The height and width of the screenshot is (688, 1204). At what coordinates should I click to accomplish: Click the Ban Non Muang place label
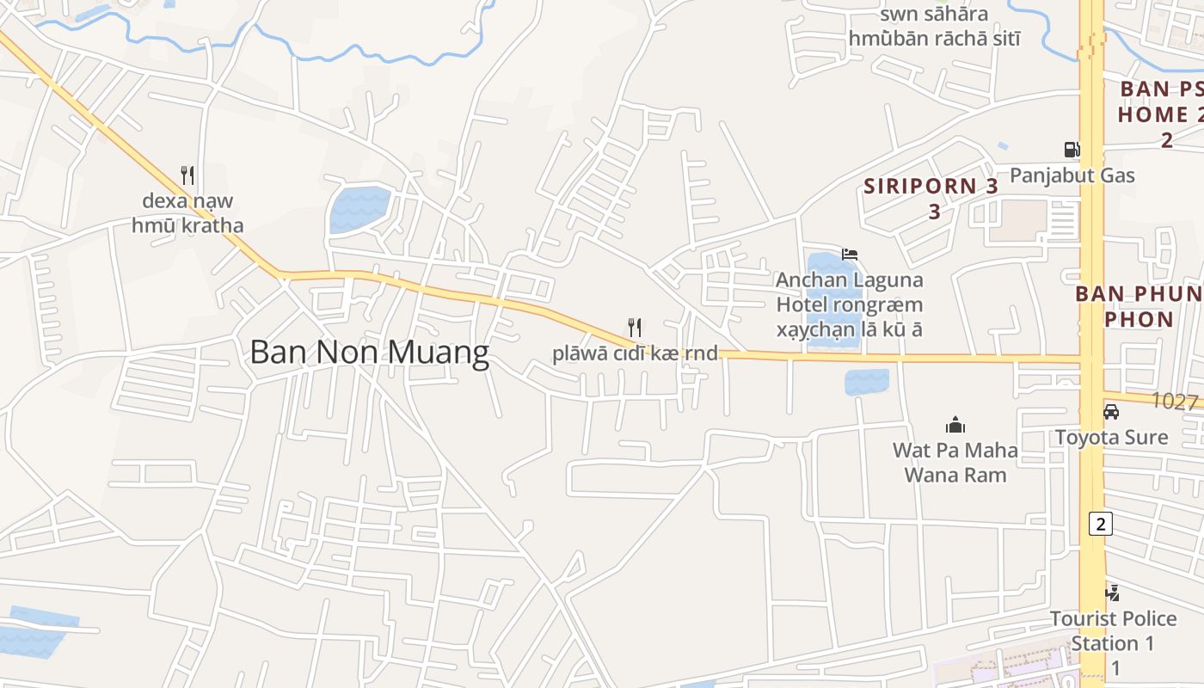tap(370, 353)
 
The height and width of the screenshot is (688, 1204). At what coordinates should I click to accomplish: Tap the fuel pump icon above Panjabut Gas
tap(1072, 150)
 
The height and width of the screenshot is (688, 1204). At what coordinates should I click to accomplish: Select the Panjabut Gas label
tap(1072, 175)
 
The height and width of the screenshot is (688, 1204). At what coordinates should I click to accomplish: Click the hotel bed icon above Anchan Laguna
tap(850, 254)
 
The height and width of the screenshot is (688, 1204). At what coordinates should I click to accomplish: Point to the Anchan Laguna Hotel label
tap(849, 304)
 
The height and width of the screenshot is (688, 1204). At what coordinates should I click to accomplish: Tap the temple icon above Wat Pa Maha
tap(955, 425)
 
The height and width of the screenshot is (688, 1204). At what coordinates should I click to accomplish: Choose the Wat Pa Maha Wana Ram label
tap(955, 462)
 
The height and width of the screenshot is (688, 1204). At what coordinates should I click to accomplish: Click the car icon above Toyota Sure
tap(1111, 412)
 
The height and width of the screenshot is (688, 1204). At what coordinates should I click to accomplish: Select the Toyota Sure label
tap(1111, 437)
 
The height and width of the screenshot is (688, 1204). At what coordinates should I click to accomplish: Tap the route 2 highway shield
tap(1099, 523)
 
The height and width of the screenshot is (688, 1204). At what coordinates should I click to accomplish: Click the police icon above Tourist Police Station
tap(1112, 593)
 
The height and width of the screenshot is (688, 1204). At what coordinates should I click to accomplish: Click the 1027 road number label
tap(1175, 401)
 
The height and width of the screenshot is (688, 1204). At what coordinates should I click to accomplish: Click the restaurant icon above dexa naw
tap(187, 175)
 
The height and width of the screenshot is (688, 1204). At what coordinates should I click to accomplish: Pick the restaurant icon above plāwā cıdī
tap(635, 327)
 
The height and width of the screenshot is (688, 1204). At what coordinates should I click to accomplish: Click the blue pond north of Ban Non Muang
tap(359, 208)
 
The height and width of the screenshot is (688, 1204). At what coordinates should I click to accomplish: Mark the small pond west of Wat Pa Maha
tap(866, 382)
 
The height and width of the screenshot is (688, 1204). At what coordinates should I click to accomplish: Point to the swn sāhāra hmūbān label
tap(934, 27)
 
